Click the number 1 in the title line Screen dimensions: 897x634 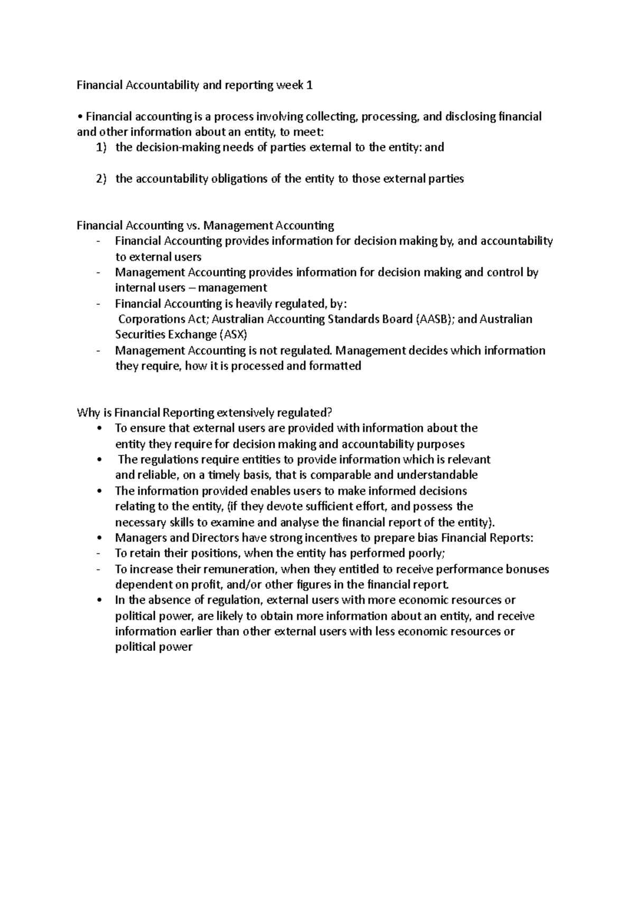[310, 85]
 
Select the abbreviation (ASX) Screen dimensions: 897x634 [234, 335]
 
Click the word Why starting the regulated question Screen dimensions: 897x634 [87, 413]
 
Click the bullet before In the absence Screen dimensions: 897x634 [100, 601]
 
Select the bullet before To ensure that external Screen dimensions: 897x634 [100, 428]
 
